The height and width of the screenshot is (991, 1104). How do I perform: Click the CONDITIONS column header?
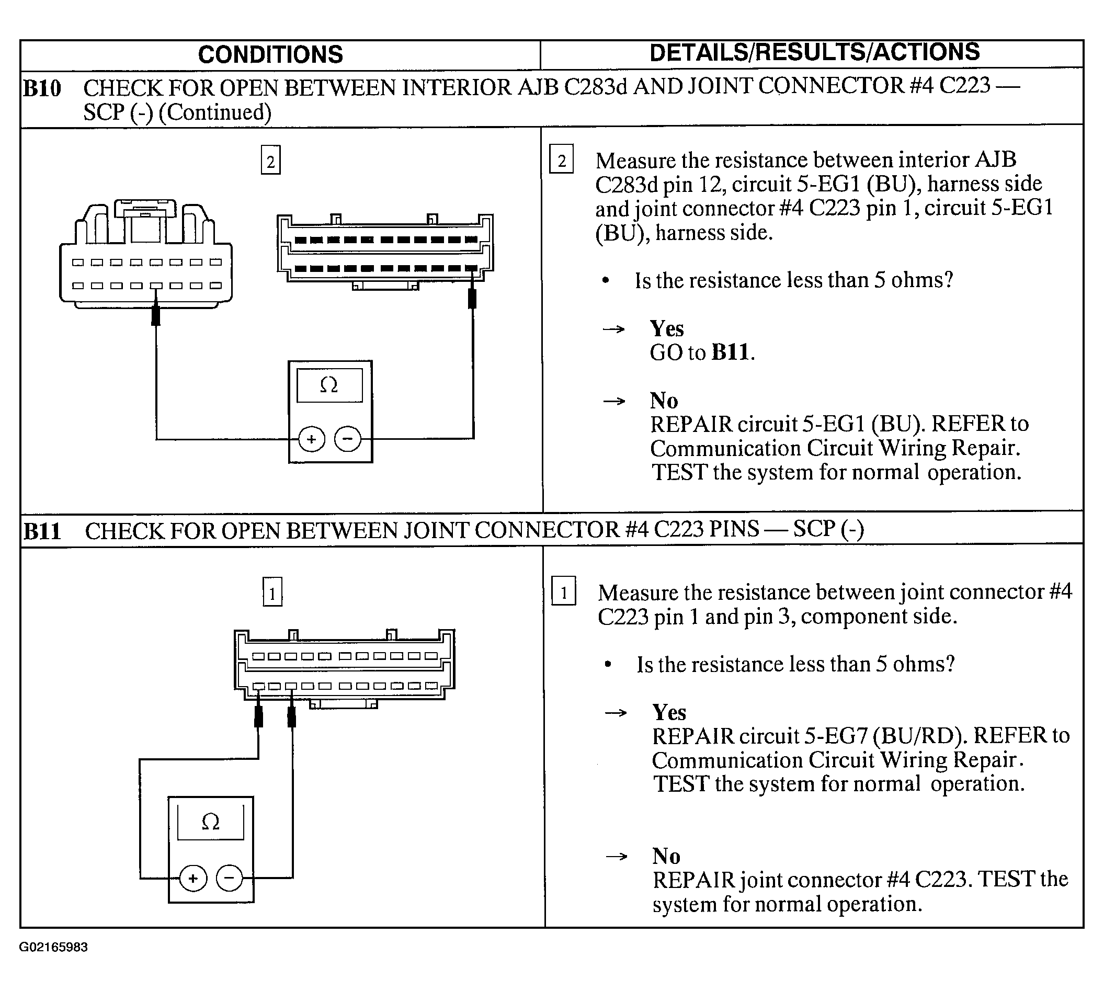point(270,54)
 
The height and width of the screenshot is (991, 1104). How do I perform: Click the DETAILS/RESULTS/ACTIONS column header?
point(814,52)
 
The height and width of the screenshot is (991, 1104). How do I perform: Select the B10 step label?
point(42,88)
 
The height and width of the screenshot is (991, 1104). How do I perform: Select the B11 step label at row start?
point(42,531)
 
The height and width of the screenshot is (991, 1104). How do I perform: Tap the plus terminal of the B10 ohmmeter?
point(311,439)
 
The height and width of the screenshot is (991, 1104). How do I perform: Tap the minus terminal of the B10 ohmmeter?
point(348,438)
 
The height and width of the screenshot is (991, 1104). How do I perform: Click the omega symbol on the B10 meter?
point(329,385)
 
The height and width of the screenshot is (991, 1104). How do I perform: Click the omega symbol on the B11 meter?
point(211,822)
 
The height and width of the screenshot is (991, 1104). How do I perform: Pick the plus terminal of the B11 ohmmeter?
point(192,878)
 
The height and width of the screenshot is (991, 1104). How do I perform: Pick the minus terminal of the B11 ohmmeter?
point(229,878)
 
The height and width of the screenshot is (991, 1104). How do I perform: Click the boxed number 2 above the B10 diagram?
point(270,161)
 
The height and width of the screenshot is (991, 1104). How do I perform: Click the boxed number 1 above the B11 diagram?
point(272,592)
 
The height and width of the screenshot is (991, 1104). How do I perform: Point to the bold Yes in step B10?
point(667,328)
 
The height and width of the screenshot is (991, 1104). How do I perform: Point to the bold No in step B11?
point(666,856)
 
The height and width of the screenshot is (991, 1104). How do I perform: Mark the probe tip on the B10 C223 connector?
point(472,299)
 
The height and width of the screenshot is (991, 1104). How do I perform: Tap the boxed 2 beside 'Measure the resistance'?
point(561,160)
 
